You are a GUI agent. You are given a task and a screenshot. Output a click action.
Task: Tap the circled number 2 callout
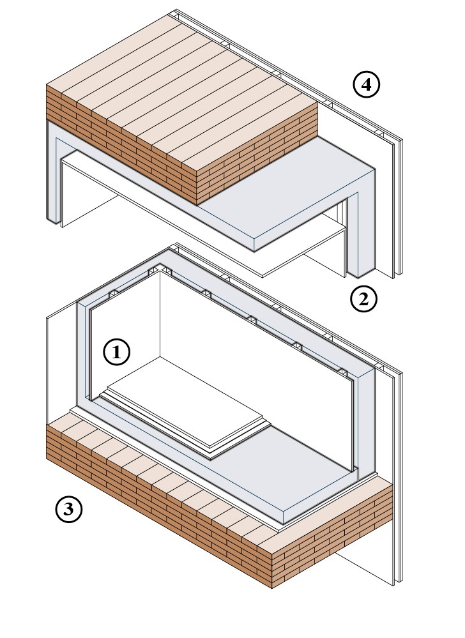(364, 298)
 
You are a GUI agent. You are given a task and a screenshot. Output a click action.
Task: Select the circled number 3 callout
(69, 510)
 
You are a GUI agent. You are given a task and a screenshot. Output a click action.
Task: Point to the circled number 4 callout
(366, 85)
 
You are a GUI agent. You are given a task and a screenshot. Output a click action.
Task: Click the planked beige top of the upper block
(179, 89)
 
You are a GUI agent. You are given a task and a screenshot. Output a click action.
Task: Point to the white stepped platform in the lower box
(185, 409)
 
